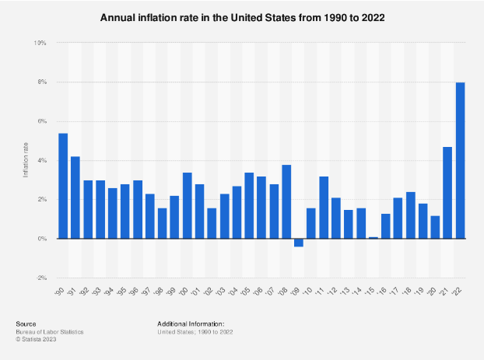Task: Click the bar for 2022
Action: click(460, 161)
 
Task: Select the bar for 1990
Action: click(63, 187)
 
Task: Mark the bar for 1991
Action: click(75, 198)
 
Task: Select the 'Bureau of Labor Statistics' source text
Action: click(49, 332)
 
